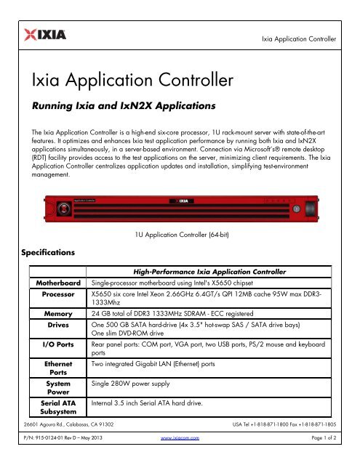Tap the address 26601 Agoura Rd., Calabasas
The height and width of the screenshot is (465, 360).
click(66, 442)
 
